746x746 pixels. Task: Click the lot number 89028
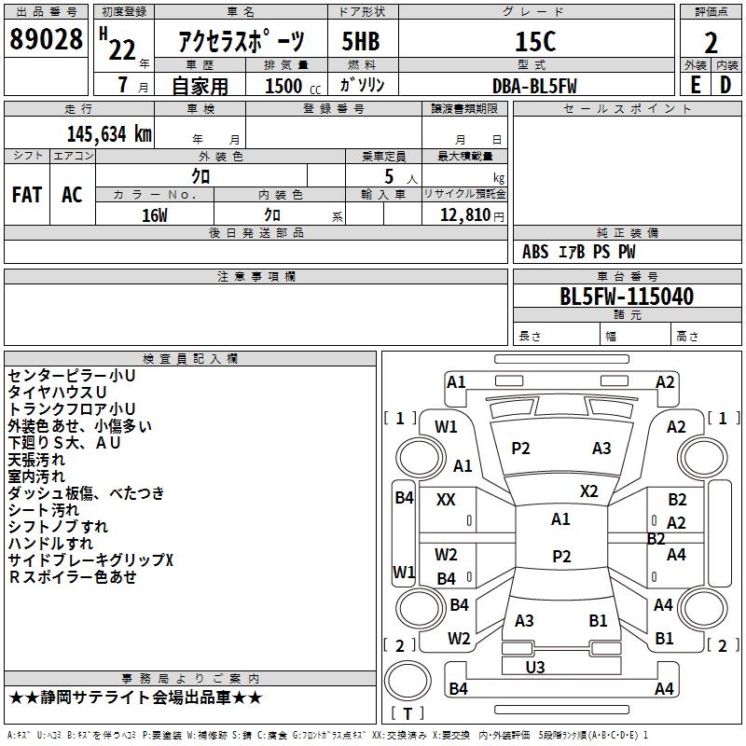(x=47, y=41)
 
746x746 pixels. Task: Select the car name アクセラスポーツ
(x=241, y=42)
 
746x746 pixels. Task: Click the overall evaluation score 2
(x=711, y=42)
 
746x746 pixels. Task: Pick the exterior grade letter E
(x=695, y=84)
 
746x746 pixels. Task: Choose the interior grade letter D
(x=726, y=84)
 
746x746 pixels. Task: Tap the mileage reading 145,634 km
(x=108, y=133)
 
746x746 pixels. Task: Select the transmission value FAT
(x=26, y=195)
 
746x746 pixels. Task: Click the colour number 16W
(x=154, y=214)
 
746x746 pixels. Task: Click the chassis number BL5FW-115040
(x=627, y=297)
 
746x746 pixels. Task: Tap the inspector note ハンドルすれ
(x=50, y=543)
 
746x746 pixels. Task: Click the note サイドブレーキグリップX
(x=90, y=559)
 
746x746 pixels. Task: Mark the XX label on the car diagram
(x=446, y=500)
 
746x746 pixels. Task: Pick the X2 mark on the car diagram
(x=588, y=490)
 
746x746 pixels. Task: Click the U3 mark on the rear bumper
(x=535, y=667)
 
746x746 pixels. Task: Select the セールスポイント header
(x=627, y=109)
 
